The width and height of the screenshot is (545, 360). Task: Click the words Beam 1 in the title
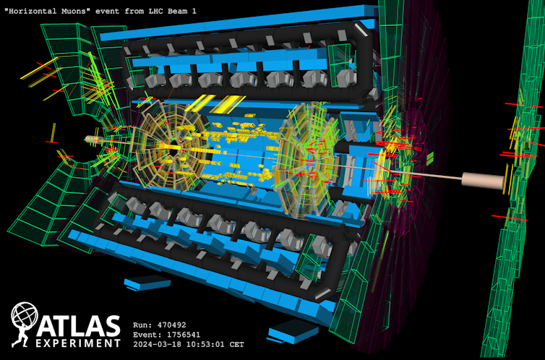point(177,12)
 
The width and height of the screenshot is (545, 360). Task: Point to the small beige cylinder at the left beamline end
point(93,139)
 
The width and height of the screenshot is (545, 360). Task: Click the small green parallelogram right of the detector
point(429,157)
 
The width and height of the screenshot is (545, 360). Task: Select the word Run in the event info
point(142,325)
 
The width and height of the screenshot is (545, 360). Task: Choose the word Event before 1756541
point(147,335)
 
